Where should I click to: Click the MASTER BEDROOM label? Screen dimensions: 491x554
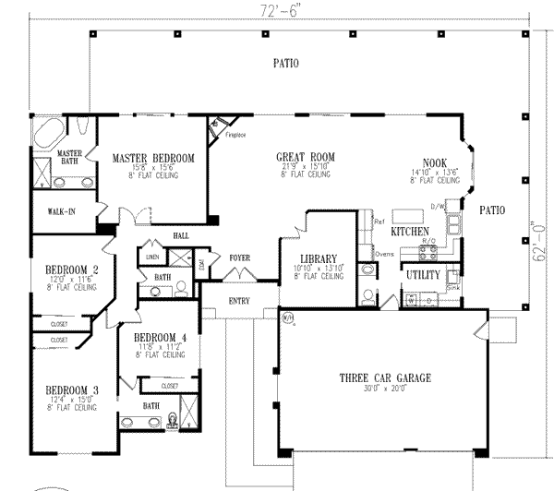tap(153, 159)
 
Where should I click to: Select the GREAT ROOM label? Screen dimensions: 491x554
tap(306, 156)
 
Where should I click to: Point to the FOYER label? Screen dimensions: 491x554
tap(240, 258)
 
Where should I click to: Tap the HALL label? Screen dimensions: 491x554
tap(180, 236)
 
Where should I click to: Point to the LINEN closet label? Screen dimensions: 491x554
tap(152, 256)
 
